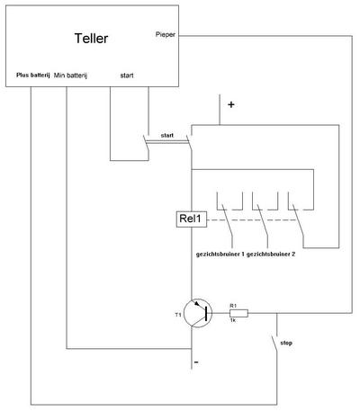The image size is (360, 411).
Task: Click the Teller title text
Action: (91, 39)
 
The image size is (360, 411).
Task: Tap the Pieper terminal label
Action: (166, 34)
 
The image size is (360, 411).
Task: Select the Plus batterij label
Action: (33, 75)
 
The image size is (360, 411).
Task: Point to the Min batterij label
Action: (70, 76)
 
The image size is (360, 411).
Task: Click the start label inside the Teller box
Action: (127, 76)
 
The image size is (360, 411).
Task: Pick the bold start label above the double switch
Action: (167, 136)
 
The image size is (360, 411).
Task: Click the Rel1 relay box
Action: (192, 219)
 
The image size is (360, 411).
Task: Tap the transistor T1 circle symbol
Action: (198, 313)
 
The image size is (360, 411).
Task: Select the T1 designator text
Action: (178, 315)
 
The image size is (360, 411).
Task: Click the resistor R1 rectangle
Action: (238, 313)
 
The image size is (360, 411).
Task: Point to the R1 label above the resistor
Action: (233, 306)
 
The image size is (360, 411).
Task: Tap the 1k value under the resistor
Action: (233, 320)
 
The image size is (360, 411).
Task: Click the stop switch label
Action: (286, 343)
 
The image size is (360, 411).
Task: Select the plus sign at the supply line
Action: (231, 104)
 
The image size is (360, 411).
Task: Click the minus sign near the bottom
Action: (196, 362)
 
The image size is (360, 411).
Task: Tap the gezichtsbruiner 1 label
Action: (220, 255)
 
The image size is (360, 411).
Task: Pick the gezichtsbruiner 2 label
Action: (271, 255)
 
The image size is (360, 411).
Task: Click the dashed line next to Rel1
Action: (253, 219)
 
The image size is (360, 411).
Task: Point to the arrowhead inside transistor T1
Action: (197, 303)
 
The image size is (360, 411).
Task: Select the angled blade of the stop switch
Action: (274, 345)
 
